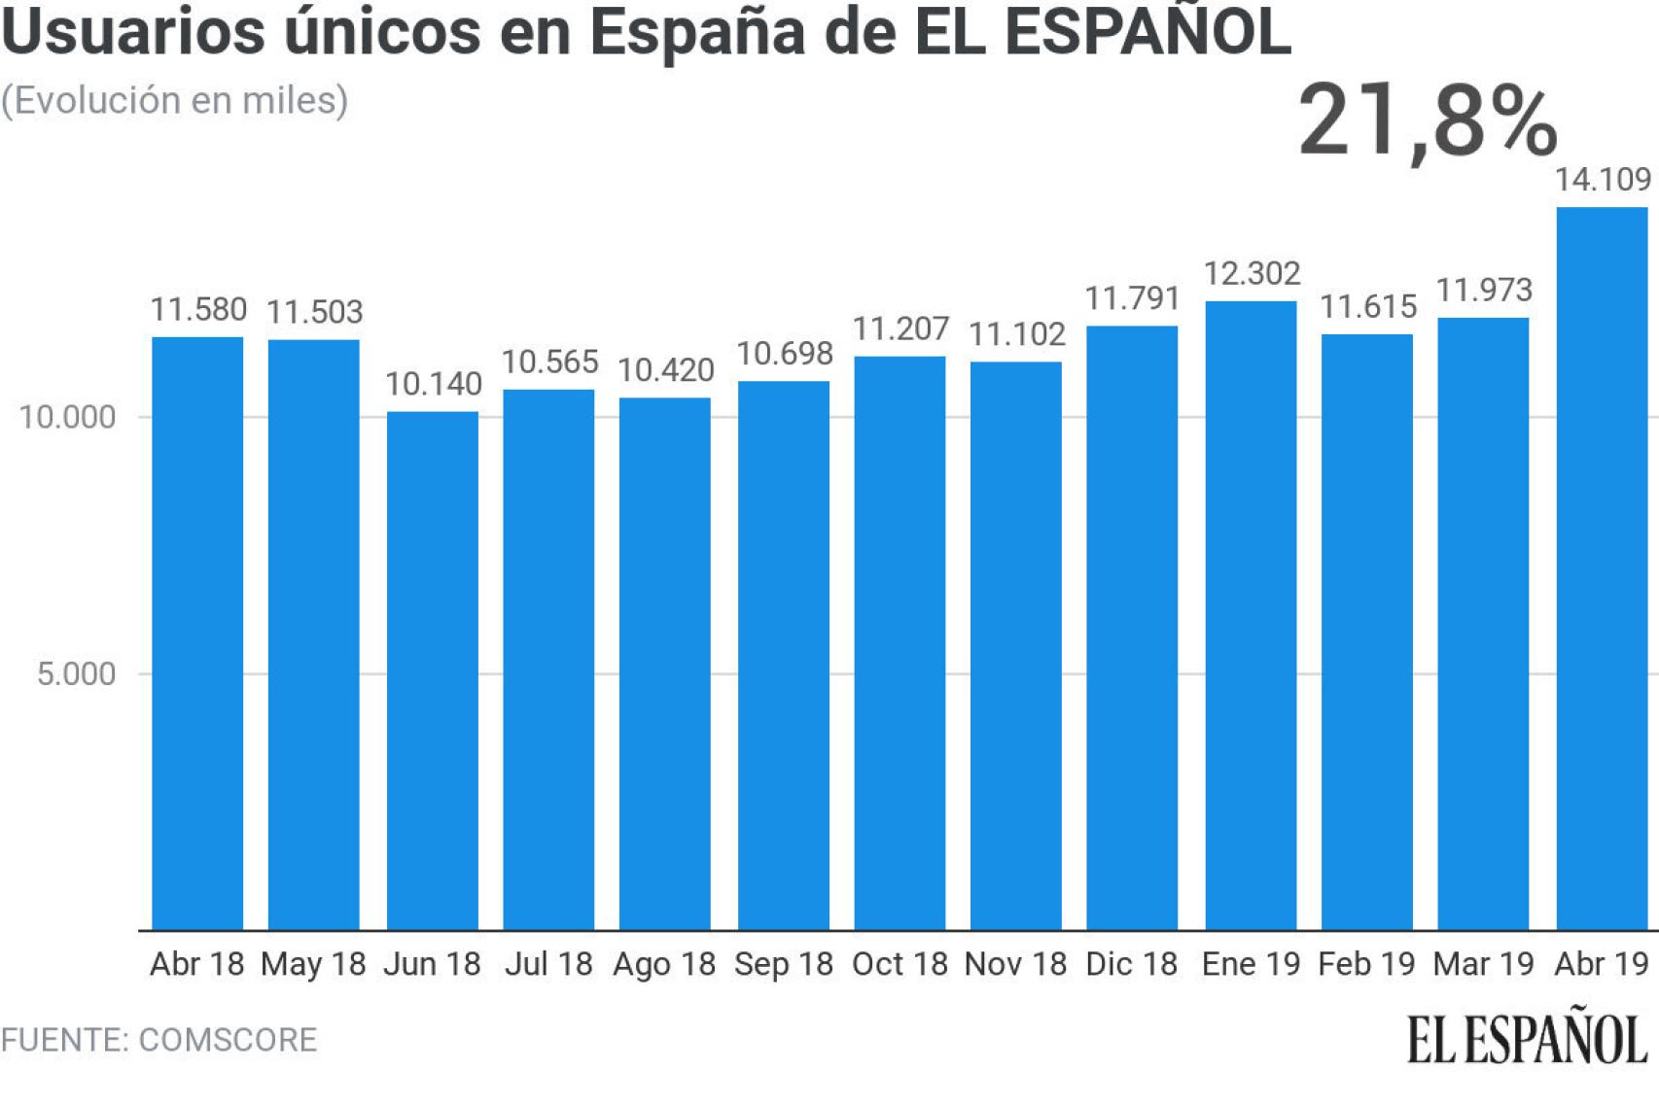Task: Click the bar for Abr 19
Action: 1602,569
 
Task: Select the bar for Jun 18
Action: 433,671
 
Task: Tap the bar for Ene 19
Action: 1251,615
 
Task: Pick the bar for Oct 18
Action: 900,643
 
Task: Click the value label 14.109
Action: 1603,180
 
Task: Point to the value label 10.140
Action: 433,384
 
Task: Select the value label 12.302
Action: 1252,274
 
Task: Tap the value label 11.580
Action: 198,310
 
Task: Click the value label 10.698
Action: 784,354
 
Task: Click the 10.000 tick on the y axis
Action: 67,418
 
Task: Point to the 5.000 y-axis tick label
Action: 76,674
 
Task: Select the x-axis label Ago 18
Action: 664,964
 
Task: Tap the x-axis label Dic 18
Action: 1131,964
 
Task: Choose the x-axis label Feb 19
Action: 1366,964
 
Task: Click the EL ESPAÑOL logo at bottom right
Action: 1527,1040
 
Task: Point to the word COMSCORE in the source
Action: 228,1040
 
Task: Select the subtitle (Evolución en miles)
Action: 175,101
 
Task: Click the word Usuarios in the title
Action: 133,31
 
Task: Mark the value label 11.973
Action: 1484,291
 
